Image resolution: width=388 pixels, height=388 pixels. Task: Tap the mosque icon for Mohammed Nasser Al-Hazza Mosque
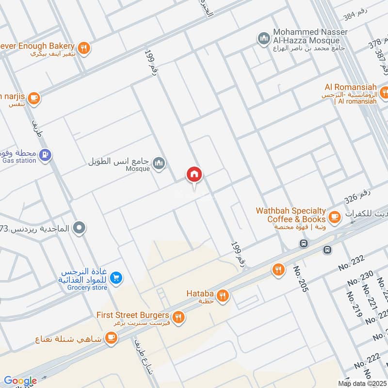[263, 38]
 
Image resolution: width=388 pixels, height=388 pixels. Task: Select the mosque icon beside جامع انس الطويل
[159, 164]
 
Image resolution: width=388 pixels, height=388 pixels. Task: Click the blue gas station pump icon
[45, 155]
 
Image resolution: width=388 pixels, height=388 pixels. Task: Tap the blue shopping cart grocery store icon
[116, 278]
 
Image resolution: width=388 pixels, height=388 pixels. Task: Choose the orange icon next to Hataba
[223, 295]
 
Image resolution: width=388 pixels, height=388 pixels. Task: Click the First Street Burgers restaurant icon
[178, 317]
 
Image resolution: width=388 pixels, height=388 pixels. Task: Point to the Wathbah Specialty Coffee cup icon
[334, 216]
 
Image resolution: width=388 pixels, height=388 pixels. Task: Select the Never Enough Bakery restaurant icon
[84, 48]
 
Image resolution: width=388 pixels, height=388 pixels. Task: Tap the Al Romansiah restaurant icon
[384, 91]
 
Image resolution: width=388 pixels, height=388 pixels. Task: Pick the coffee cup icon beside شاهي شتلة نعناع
[111, 337]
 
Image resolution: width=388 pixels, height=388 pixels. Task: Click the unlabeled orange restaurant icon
[278, 270]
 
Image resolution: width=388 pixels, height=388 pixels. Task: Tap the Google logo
[20, 381]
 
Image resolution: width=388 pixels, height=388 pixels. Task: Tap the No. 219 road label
[354, 305]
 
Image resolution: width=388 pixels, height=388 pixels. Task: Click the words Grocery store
[87, 288]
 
